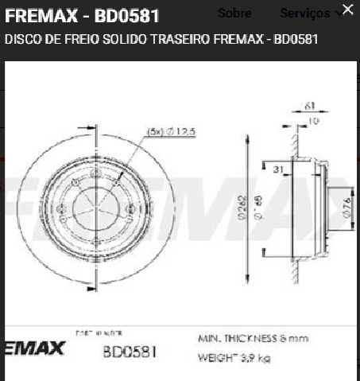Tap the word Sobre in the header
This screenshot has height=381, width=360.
point(234,14)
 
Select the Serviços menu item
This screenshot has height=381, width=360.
point(304,14)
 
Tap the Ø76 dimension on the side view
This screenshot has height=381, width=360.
point(346,208)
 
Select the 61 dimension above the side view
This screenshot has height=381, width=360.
point(310,105)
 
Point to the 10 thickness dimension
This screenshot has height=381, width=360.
point(313,120)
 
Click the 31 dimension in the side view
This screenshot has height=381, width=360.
point(279,169)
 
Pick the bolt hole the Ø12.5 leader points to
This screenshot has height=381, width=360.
point(117,182)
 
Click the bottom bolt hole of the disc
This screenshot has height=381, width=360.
point(95,244)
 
